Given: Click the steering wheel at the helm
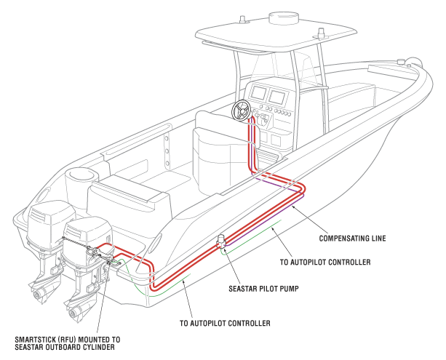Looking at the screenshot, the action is click(x=241, y=111).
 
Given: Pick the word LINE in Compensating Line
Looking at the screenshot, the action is click(x=377, y=238).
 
